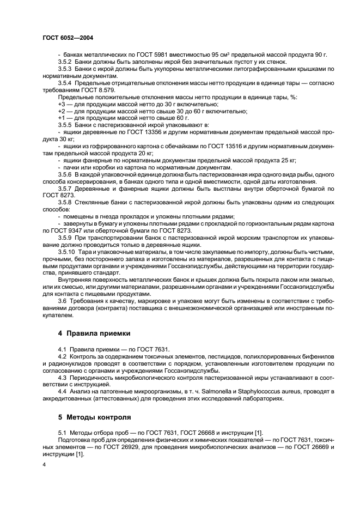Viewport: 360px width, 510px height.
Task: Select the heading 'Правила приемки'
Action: click(x=97, y=332)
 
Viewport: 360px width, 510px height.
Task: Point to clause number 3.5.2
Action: click(x=65, y=62)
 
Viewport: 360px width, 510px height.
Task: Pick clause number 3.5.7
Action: click(x=65, y=187)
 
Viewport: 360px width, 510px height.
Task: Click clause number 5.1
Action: click(x=62, y=433)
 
